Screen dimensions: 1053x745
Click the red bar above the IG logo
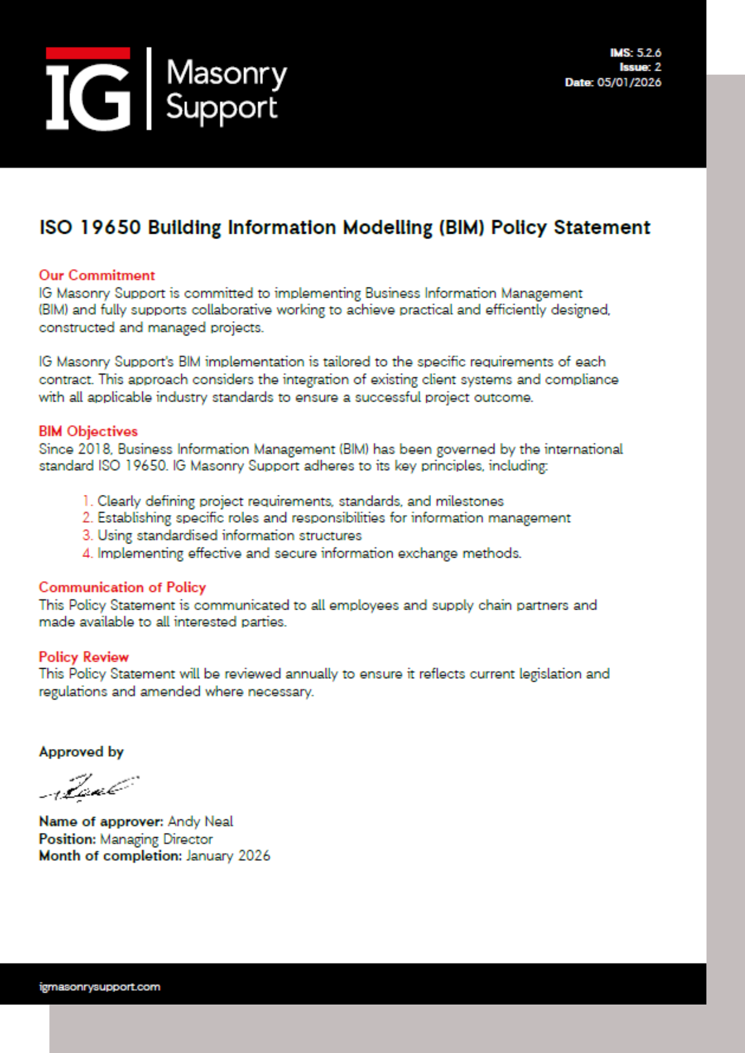tap(87, 53)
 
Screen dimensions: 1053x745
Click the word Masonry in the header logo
tap(227, 73)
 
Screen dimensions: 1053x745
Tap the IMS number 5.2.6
tap(649, 53)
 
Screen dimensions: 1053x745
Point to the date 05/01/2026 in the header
tap(629, 82)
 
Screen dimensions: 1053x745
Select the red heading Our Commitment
tap(97, 275)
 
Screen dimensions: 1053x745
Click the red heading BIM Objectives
tap(88, 431)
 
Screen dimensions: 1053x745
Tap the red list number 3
tap(87, 535)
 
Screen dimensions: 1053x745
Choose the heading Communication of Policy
tap(122, 587)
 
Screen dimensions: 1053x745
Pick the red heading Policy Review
tap(84, 657)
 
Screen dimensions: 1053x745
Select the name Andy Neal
tap(200, 821)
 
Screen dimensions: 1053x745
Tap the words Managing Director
tap(156, 839)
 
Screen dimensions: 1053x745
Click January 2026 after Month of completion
tap(228, 856)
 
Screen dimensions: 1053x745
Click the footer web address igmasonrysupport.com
tap(100, 987)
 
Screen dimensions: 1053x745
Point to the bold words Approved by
tap(81, 752)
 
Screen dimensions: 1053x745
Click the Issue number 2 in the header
tap(658, 67)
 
